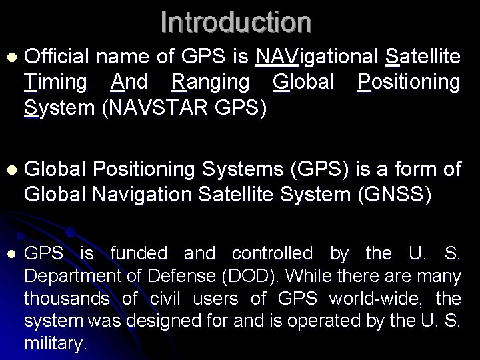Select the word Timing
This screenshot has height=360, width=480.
tap(55, 82)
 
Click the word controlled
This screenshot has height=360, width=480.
tap(271, 253)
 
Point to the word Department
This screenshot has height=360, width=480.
tap(72, 275)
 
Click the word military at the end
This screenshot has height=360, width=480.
tap(55, 343)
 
